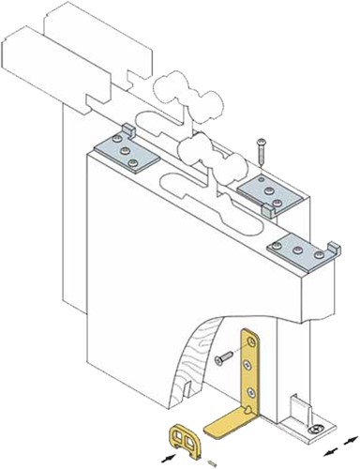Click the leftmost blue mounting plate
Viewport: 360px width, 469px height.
tap(126, 150)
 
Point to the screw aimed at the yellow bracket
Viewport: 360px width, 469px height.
tap(224, 357)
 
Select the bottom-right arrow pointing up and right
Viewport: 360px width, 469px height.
tap(351, 438)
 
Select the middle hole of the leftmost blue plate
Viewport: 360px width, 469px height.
tap(126, 151)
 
